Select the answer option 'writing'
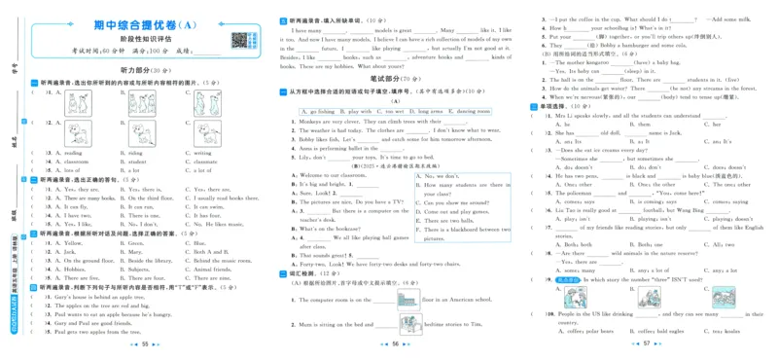[202, 153]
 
